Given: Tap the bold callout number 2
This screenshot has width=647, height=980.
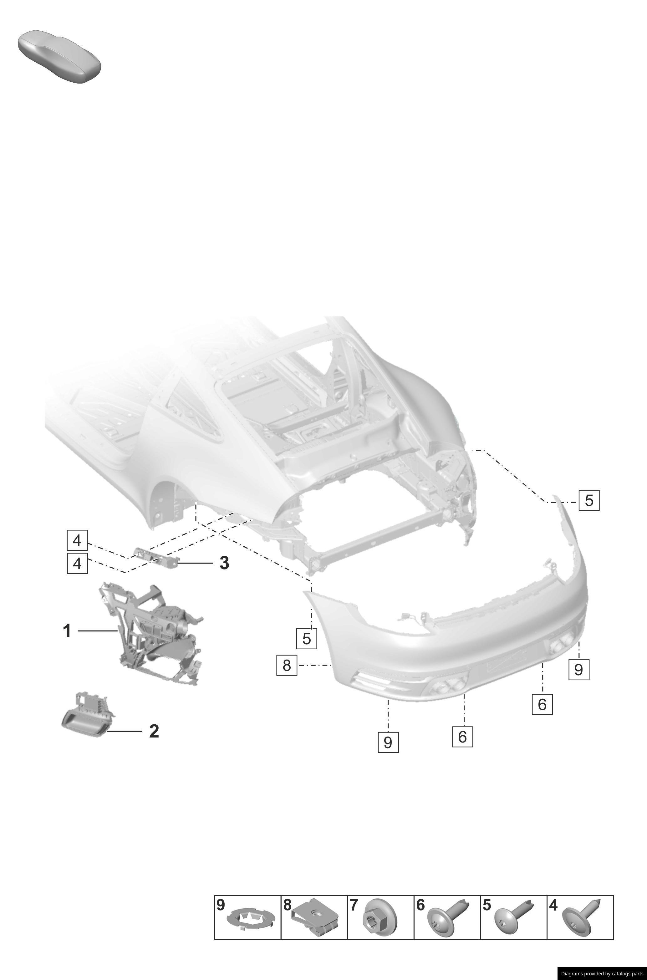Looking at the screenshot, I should pyautogui.click(x=154, y=731).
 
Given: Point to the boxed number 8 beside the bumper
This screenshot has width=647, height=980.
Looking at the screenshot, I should pyautogui.click(x=287, y=665).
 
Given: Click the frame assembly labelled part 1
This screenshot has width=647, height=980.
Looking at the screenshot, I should pyautogui.click(x=153, y=635).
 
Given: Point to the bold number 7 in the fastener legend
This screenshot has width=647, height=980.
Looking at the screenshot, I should pyautogui.click(x=354, y=905).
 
